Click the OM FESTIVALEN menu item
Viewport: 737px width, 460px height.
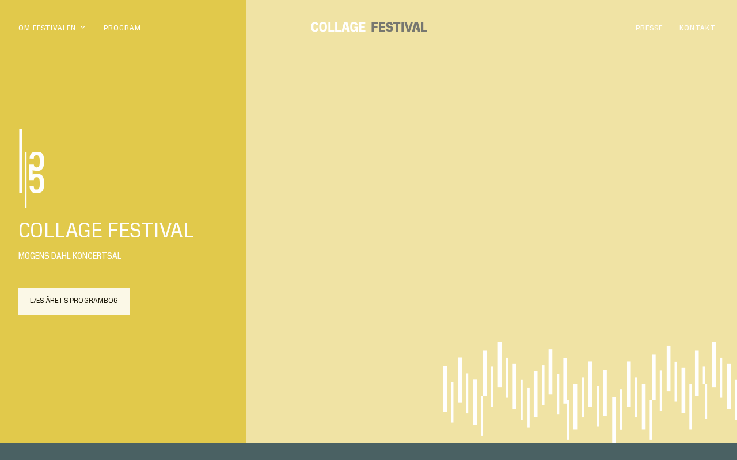[x=47, y=28]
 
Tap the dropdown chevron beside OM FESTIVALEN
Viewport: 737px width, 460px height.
[x=83, y=27]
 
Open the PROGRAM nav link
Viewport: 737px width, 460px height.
[x=122, y=28]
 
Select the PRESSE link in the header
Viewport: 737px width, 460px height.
[x=649, y=28]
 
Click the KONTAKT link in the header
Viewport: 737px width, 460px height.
[x=697, y=28]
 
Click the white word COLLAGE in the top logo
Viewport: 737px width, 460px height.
[x=338, y=27]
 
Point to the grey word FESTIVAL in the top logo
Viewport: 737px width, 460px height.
[x=399, y=27]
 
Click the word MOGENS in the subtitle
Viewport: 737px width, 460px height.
[x=33, y=256]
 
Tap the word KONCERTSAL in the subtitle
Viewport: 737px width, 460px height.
[x=97, y=256]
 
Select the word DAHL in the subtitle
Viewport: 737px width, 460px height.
[x=61, y=256]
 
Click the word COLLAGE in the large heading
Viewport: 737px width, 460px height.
[x=60, y=230]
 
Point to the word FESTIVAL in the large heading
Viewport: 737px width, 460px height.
[x=150, y=230]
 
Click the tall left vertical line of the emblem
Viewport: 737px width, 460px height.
[x=20, y=161]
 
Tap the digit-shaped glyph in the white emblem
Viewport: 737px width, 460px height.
[x=37, y=172]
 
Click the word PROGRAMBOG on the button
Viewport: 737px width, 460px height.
[x=94, y=301]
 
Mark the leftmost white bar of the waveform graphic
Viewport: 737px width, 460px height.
[x=445, y=389]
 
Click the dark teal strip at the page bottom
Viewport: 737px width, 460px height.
[x=368, y=451]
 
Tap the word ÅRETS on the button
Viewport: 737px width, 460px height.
[x=57, y=300]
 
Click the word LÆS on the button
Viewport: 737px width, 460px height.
[x=37, y=301]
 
